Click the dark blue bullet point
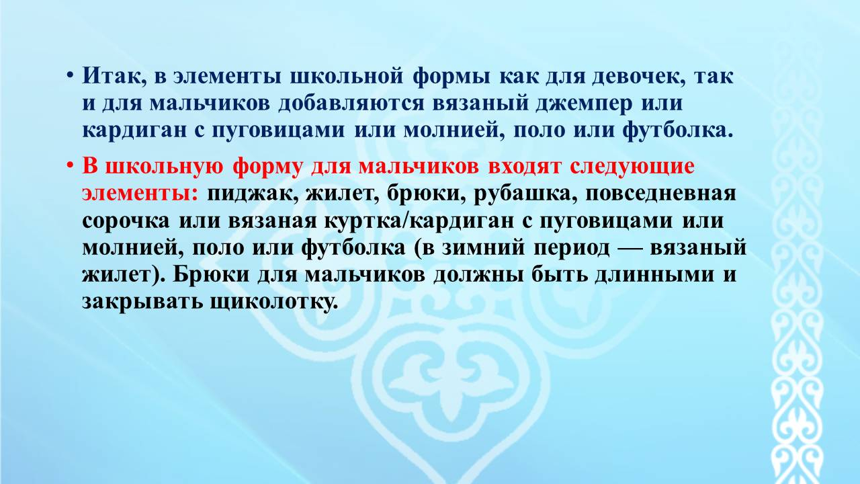pyautogui.click(x=69, y=75)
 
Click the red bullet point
pyautogui.click(x=69, y=165)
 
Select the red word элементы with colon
pyautogui.click(x=140, y=194)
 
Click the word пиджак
pyautogui.click(x=253, y=194)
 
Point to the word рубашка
pyautogui.click(x=525, y=194)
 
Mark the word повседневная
pyautogui.click(x=660, y=194)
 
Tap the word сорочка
pyautogui.click(x=126, y=221)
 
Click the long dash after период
pyautogui.click(x=630, y=249)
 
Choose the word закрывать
pyautogui.click(x=142, y=302)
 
